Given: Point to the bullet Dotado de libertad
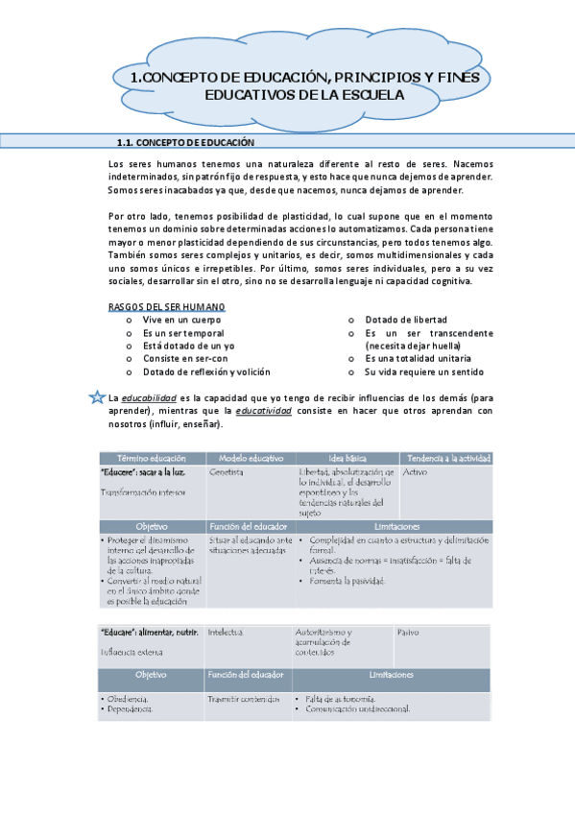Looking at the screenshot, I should (407, 320).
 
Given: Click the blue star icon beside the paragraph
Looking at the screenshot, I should (95, 397).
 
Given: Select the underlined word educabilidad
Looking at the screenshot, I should (149, 397).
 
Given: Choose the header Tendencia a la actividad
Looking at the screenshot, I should (450, 458).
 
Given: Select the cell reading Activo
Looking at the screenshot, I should (416, 473).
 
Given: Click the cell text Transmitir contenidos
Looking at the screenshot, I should (244, 700).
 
